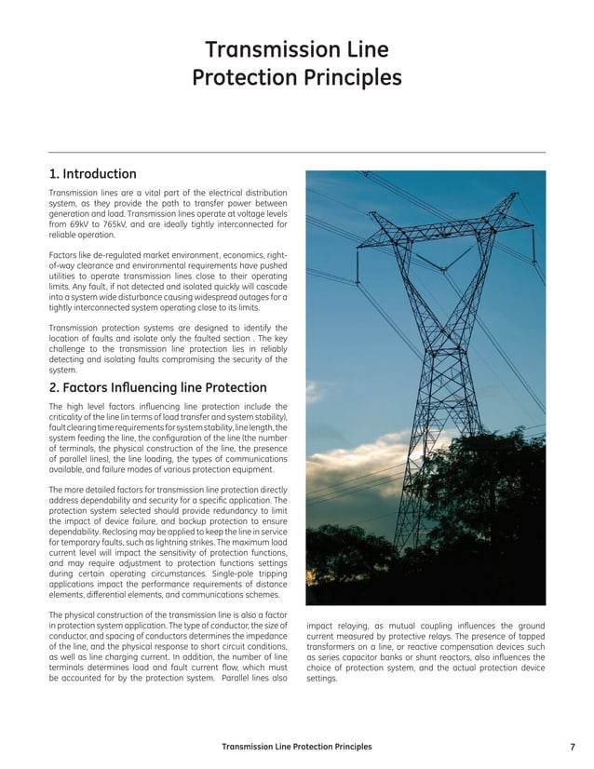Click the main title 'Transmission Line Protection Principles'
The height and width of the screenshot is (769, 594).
tap(296, 63)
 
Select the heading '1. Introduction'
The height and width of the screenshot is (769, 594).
tap(92, 174)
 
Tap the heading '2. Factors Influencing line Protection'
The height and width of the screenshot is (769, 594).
tap(157, 387)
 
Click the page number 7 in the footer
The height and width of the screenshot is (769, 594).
tap(571, 747)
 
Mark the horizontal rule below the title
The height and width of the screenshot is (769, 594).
tap(296, 152)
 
